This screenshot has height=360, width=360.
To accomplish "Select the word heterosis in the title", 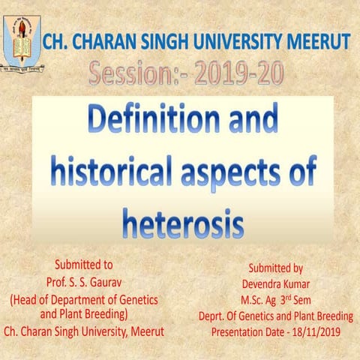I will [x=183, y=222].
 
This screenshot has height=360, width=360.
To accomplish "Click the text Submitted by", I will [x=275, y=268].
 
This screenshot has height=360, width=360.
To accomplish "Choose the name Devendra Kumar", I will [x=275, y=284].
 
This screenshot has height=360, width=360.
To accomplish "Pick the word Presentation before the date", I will [x=240, y=331].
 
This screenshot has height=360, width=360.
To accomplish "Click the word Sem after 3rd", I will [x=309, y=300].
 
